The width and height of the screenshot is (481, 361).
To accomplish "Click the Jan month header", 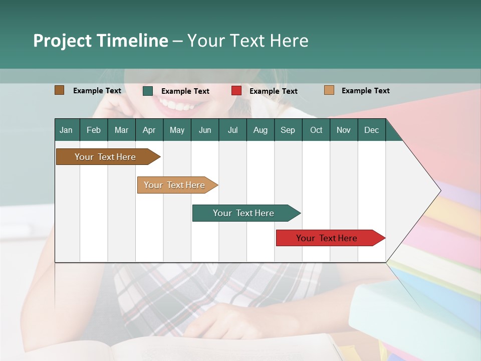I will pyautogui.click(x=66, y=130).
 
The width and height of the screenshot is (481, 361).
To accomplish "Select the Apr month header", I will pyautogui.click(x=149, y=130).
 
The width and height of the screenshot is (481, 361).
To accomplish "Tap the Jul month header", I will pyautogui.click(x=232, y=130).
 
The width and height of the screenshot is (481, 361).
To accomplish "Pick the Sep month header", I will pyautogui.click(x=288, y=130).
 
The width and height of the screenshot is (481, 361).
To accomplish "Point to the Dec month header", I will pyautogui.click(x=371, y=130).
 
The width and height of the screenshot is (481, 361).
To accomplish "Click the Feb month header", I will pyautogui.click(x=94, y=130).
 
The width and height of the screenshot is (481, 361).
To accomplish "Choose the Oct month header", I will pyautogui.click(x=316, y=130).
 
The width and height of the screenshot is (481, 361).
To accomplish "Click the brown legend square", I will pyautogui.click(x=60, y=90).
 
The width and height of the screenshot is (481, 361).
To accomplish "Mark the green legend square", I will pyautogui.click(x=148, y=91).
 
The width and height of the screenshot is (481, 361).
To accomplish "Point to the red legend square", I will pyautogui.click(x=236, y=91).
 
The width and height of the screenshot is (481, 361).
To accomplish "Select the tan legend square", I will pyautogui.click(x=329, y=90).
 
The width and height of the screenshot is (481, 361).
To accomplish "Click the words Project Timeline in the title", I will pyautogui.click(x=101, y=41).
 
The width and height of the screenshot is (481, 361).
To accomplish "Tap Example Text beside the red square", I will pyautogui.click(x=273, y=91).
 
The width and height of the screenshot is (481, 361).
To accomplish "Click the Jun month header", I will pyautogui.click(x=205, y=130).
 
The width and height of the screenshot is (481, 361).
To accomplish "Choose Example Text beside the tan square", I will pyautogui.click(x=365, y=91).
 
